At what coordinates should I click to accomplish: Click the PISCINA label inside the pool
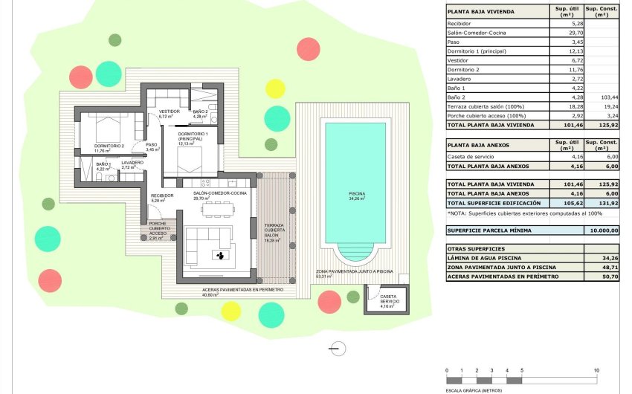(358, 194)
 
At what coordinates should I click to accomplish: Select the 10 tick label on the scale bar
(596, 370)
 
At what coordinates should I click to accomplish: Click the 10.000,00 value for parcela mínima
(603, 230)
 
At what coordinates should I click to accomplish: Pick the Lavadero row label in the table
(460, 78)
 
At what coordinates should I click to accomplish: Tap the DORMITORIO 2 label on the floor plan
(109, 146)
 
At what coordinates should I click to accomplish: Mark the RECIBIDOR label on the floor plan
(161, 195)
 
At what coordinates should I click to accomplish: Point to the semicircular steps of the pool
(358, 253)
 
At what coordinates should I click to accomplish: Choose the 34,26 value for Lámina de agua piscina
(607, 258)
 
